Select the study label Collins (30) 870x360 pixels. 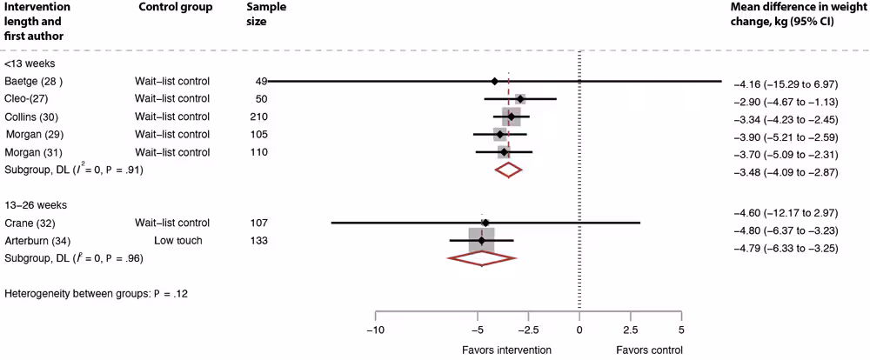click(33, 117)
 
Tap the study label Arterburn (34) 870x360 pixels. click(38, 240)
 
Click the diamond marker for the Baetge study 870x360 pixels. click(494, 81)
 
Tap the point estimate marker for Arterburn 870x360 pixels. click(481, 240)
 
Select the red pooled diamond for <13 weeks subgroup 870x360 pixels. click(507, 170)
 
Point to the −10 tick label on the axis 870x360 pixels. click(375, 330)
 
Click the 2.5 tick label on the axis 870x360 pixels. click(630, 330)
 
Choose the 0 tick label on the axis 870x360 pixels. click(579, 330)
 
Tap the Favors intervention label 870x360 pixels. click(505, 350)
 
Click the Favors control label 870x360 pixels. click(649, 350)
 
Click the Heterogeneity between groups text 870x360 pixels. click(96, 294)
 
